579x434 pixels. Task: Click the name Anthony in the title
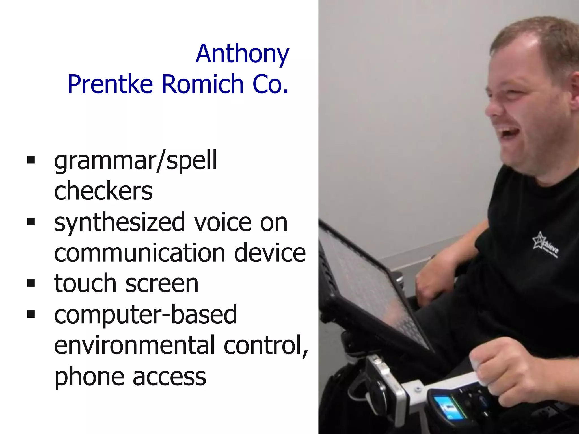[242, 54]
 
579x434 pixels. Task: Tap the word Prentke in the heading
[110, 84]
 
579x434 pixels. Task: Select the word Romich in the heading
[202, 84]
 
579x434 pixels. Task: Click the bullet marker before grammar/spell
[31, 160]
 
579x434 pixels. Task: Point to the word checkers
[103, 191]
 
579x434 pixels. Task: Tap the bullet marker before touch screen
[31, 283]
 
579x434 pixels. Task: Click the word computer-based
[145, 315]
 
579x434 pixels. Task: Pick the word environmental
[134, 345]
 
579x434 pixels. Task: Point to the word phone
[89, 377]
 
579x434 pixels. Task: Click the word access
[169, 377]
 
